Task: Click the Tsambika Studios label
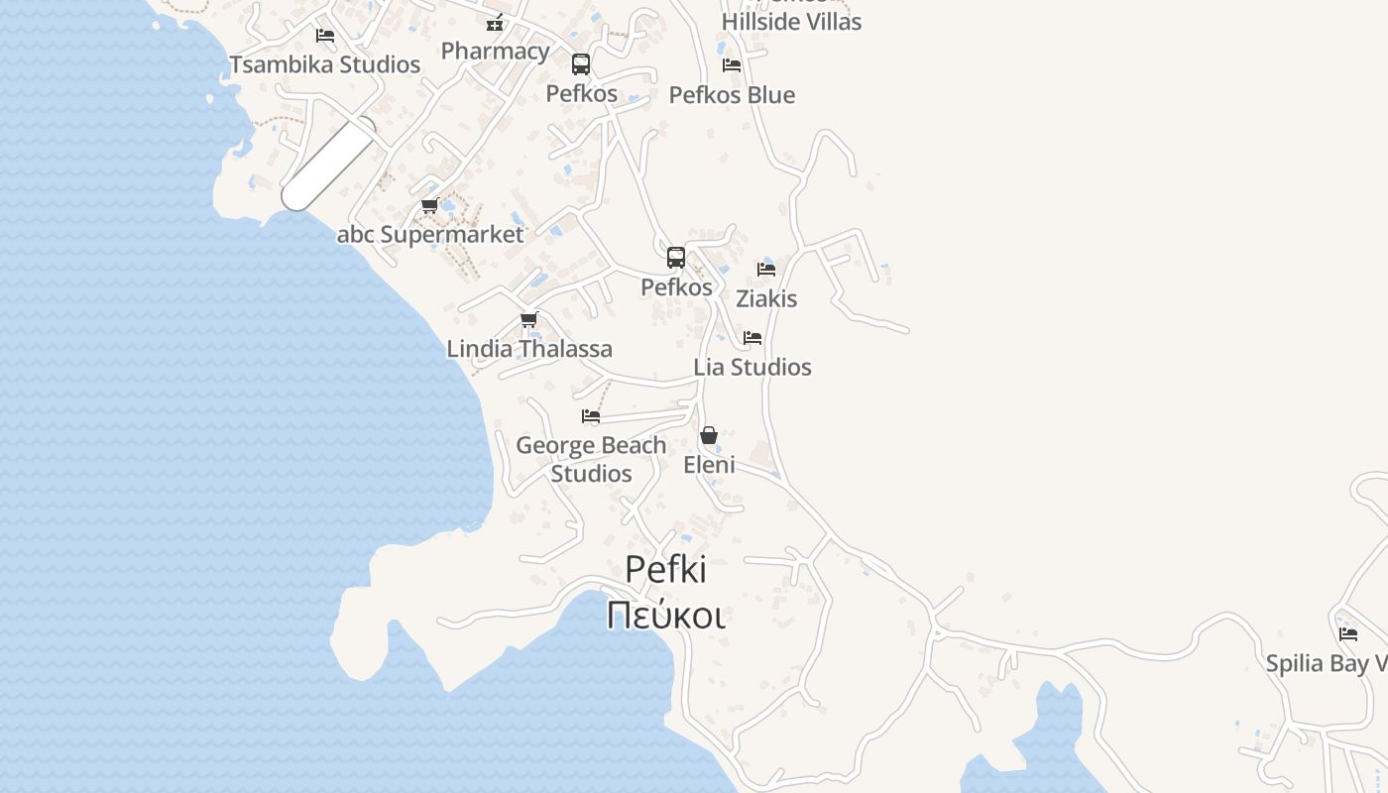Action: tap(325, 64)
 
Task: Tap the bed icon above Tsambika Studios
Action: tap(325, 36)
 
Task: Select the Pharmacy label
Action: tap(495, 51)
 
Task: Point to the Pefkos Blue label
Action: tap(732, 95)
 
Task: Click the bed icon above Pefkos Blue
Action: tap(732, 65)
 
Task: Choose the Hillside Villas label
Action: tap(791, 22)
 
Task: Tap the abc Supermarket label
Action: tap(430, 235)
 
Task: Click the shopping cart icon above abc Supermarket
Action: tap(429, 206)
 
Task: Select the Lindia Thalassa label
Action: tap(529, 349)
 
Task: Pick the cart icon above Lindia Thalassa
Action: tap(529, 320)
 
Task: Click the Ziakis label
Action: tap(766, 298)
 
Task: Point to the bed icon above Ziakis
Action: tap(766, 270)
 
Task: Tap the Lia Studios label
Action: tap(752, 367)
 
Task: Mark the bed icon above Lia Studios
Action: tap(752, 338)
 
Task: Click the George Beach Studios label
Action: tap(591, 459)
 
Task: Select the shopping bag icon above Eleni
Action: tap(709, 435)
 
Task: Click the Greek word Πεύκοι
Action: tap(665, 616)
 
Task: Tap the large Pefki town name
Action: tap(665, 570)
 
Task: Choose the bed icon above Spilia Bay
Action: tap(1348, 634)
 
